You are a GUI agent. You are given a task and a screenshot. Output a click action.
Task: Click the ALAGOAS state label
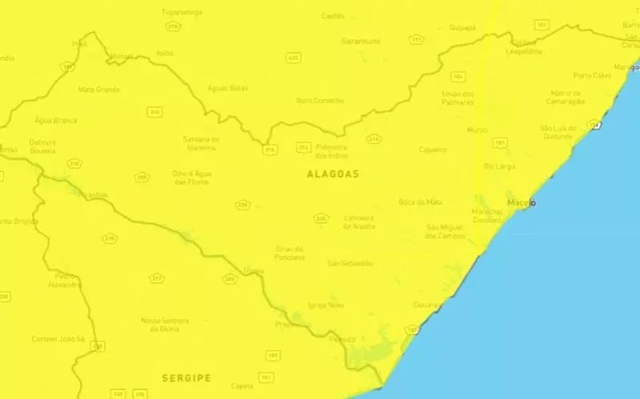point(332,174)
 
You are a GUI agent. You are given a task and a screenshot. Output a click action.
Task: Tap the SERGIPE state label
point(185,377)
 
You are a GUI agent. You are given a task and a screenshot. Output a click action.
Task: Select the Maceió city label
point(521,203)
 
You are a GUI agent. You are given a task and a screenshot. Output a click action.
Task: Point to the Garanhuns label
point(361,41)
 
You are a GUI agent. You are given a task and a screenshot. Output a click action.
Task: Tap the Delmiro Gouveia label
point(42,146)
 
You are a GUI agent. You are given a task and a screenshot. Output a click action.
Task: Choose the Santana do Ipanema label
point(201,143)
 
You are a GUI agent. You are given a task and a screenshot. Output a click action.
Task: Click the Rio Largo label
point(499,166)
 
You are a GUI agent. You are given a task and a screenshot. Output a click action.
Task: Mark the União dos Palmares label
point(458,98)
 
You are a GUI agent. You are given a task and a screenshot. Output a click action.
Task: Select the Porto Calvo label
point(592,76)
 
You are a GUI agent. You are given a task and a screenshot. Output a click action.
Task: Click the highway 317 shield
point(156,278)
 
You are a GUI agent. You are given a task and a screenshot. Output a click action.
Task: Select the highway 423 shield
point(293,58)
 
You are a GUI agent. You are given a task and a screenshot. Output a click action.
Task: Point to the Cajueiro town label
point(432,150)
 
